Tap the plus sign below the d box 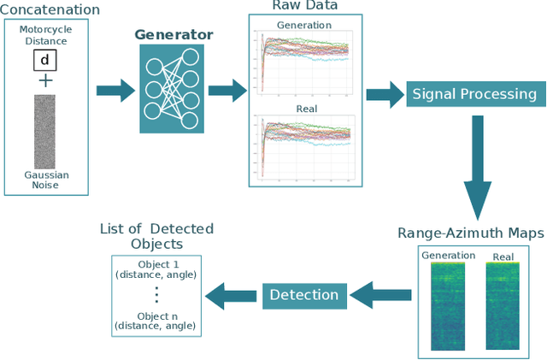pos(44,80)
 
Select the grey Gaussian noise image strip pos(44,131)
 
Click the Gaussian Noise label pos(46,180)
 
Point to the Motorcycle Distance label pos(45,34)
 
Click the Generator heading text pos(174,36)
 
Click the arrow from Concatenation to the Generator pos(115,90)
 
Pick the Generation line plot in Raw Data pos(305,61)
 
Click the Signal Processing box pos(474,94)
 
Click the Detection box pos(303,295)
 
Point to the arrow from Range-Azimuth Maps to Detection pos(379,295)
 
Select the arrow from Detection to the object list pos(233,295)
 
